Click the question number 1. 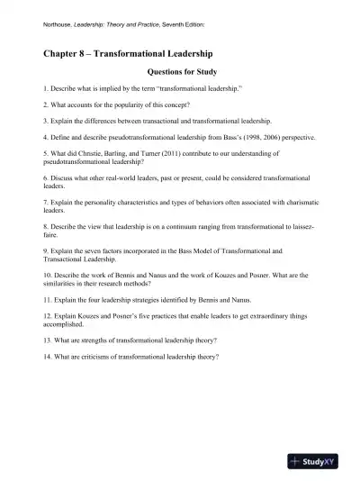click(45, 91)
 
